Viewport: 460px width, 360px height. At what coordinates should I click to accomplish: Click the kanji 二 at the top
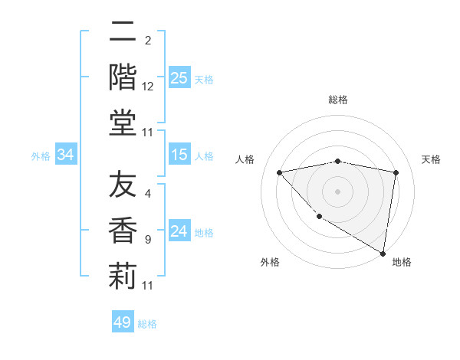pos(123,32)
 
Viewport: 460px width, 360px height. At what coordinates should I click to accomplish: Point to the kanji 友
pos(123,186)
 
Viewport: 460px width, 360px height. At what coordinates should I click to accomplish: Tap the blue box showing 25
pos(179,78)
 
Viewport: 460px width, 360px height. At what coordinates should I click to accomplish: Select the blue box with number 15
pos(179,155)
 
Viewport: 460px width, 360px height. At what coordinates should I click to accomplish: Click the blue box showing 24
pos(179,232)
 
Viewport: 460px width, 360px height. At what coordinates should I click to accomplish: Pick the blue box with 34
pos(66,155)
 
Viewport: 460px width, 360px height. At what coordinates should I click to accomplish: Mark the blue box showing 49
pos(123,322)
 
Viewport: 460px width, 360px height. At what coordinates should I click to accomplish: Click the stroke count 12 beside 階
pos(148,87)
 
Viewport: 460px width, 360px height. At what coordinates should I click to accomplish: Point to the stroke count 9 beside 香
pos(148,240)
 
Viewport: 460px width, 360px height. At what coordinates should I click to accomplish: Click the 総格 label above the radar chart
pos(338,100)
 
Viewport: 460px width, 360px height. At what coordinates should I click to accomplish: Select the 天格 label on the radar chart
pos(432,159)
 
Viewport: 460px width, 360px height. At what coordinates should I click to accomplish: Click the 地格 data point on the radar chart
pos(383,253)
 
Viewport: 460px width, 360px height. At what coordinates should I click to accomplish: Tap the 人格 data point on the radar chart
pos(280,172)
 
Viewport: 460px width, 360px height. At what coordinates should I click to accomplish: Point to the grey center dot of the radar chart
pos(338,191)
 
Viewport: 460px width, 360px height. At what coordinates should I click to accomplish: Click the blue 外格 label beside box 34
pos(41,156)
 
